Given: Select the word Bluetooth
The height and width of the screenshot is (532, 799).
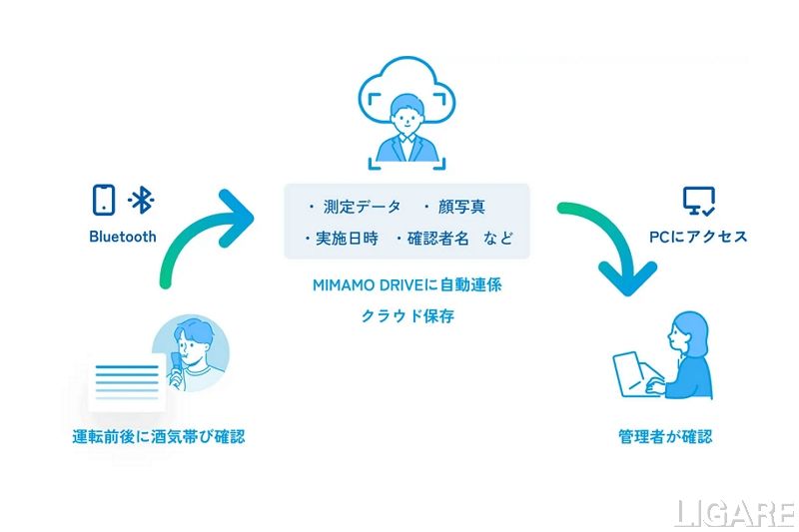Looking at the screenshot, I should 123,237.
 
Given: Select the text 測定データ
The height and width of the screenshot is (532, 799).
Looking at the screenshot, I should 360,207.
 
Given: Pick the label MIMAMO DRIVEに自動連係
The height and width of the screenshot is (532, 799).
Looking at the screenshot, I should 406,284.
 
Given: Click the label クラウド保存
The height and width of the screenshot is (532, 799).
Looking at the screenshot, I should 406,316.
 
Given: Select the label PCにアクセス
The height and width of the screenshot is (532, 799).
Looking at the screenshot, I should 698,237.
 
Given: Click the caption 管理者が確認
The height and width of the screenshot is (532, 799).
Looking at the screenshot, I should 665,436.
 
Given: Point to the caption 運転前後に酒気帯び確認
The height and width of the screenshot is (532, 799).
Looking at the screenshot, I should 159,436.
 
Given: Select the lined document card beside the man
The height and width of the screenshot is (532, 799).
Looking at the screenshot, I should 127,383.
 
